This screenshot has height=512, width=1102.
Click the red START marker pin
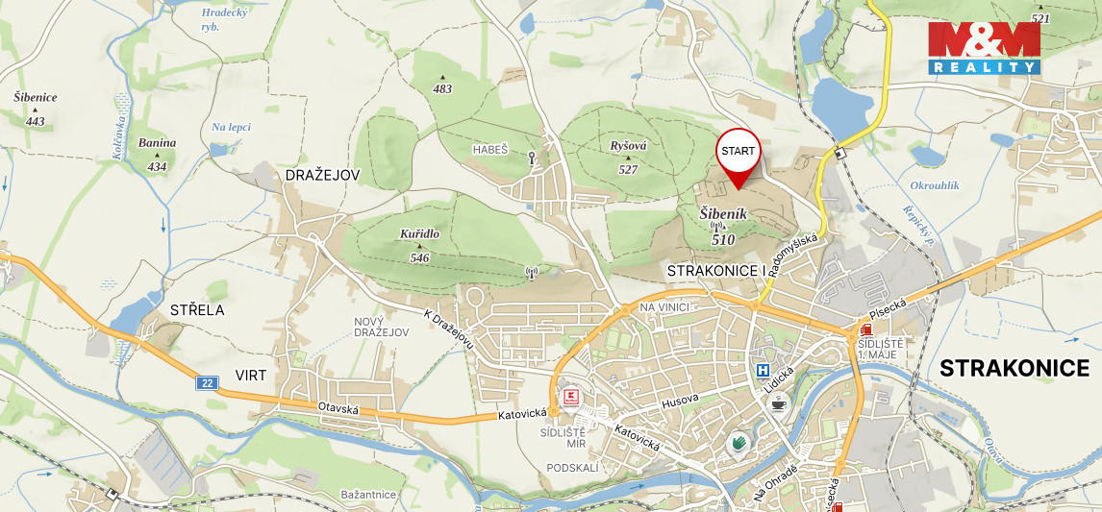739,154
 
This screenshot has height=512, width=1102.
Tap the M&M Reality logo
984,48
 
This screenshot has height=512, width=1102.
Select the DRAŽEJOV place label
322,175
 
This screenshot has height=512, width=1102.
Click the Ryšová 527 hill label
629,157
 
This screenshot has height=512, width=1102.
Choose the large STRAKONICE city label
1014,368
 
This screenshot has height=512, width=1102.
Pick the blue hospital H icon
763,370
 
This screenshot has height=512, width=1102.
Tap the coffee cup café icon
778,403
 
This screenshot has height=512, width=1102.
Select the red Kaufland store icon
571,396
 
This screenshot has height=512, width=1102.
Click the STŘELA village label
196,309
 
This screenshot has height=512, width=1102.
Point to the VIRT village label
251,375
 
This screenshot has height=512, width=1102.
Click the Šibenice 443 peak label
36,109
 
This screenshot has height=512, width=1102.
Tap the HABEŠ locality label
489,150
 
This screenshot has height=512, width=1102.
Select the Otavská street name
338,408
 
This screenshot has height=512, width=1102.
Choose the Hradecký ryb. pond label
224,19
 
